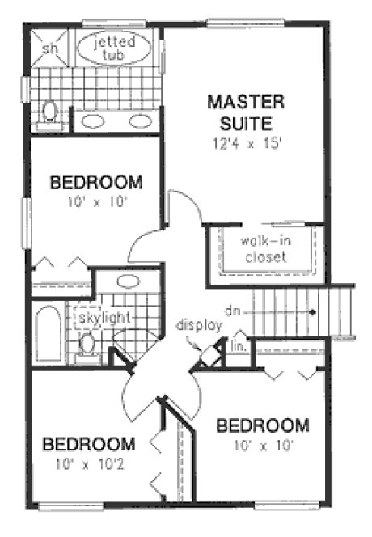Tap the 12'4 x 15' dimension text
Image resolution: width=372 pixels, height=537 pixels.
(x=247, y=143)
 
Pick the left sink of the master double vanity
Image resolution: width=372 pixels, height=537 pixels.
(x=93, y=121)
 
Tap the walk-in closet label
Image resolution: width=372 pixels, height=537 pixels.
(x=263, y=249)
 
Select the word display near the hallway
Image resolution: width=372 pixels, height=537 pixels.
(x=199, y=325)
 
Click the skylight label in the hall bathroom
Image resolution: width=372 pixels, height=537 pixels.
(x=104, y=318)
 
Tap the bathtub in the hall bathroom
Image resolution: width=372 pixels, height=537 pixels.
(x=48, y=332)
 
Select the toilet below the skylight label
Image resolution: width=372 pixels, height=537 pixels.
(x=87, y=345)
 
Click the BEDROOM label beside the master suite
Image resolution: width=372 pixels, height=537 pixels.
(x=96, y=182)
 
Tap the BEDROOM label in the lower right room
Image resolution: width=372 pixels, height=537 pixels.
(x=264, y=425)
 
